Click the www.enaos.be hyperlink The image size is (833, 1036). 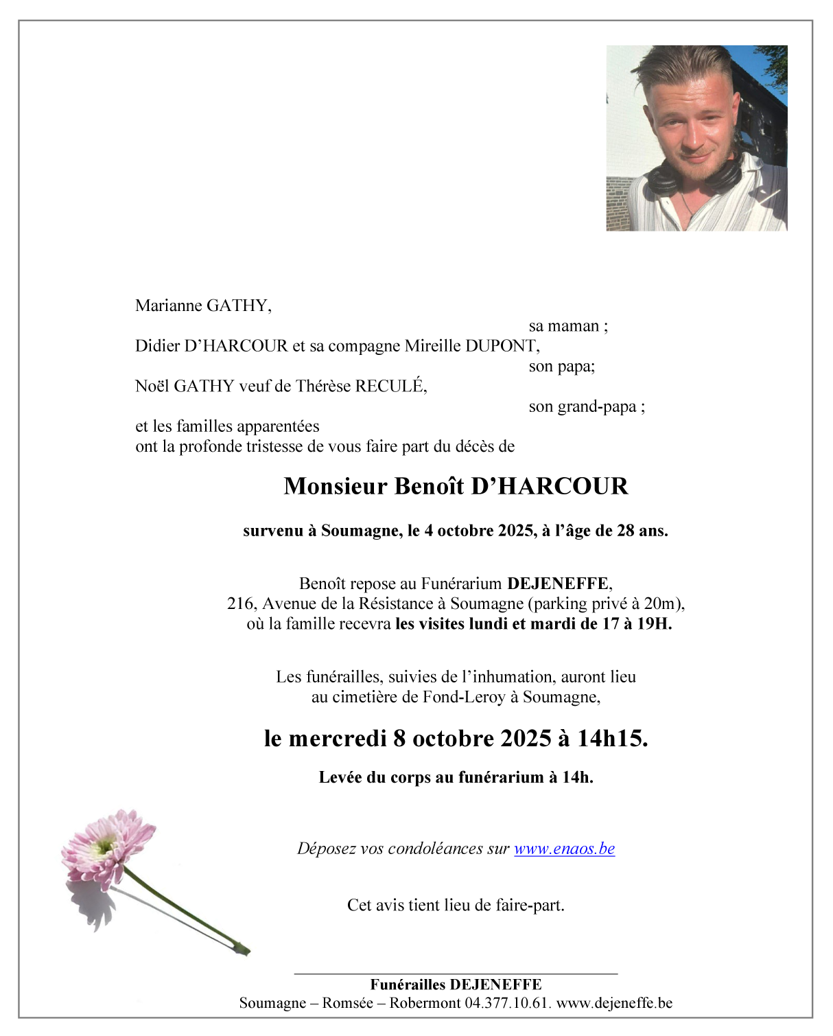564,849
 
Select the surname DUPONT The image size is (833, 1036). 500,345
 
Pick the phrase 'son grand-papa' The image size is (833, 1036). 583,406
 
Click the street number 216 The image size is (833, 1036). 240,603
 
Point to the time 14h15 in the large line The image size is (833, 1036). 611,739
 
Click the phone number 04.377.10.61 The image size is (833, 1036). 507,1002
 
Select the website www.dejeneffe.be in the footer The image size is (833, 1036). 614,1002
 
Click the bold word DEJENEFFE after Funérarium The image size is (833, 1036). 557,584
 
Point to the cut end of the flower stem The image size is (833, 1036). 244,950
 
